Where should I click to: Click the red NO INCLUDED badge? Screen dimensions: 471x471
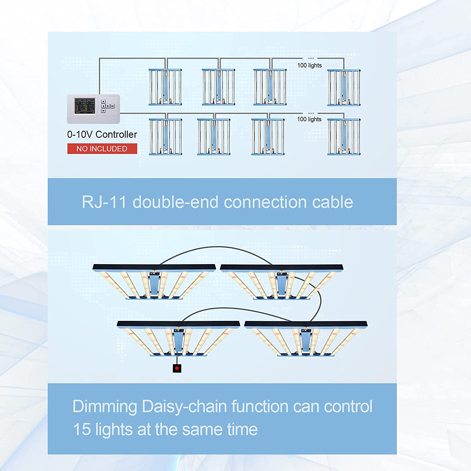(x=102, y=149)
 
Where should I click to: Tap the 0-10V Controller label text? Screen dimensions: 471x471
(x=102, y=134)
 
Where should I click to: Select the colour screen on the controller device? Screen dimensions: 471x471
(x=85, y=106)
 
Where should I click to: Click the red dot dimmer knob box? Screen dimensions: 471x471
(x=177, y=368)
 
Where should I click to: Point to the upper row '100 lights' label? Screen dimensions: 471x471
(x=309, y=65)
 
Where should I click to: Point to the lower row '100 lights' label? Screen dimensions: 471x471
(x=309, y=119)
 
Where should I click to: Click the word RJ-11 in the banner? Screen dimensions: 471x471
(x=104, y=202)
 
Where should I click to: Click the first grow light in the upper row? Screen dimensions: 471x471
(x=165, y=87)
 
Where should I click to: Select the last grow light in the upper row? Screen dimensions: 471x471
(x=344, y=88)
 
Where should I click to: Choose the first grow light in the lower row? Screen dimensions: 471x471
(x=165, y=137)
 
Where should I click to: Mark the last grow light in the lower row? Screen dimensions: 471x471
(x=344, y=137)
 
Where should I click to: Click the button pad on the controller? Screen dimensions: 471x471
(x=107, y=106)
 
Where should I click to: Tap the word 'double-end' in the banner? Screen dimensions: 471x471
(x=175, y=202)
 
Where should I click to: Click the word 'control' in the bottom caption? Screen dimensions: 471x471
(x=348, y=406)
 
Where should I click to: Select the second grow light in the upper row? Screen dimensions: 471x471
(x=219, y=87)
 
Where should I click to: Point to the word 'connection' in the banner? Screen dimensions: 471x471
(x=265, y=202)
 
